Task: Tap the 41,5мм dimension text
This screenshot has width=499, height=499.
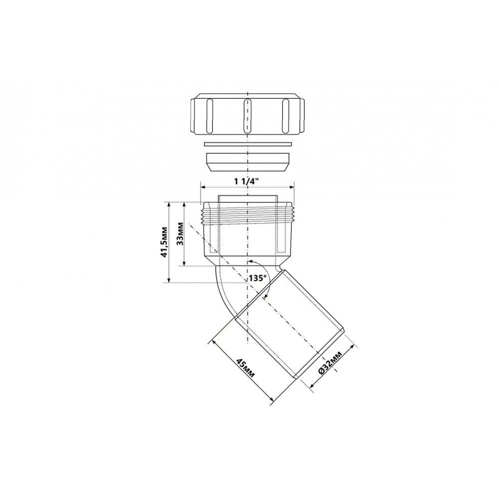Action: coord(164,242)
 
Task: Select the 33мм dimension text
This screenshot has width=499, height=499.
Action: coord(180,234)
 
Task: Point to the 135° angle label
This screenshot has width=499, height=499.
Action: coord(257,278)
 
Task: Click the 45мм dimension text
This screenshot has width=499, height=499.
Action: coord(245,368)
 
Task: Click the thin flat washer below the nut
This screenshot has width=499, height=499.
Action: coord(248,144)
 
